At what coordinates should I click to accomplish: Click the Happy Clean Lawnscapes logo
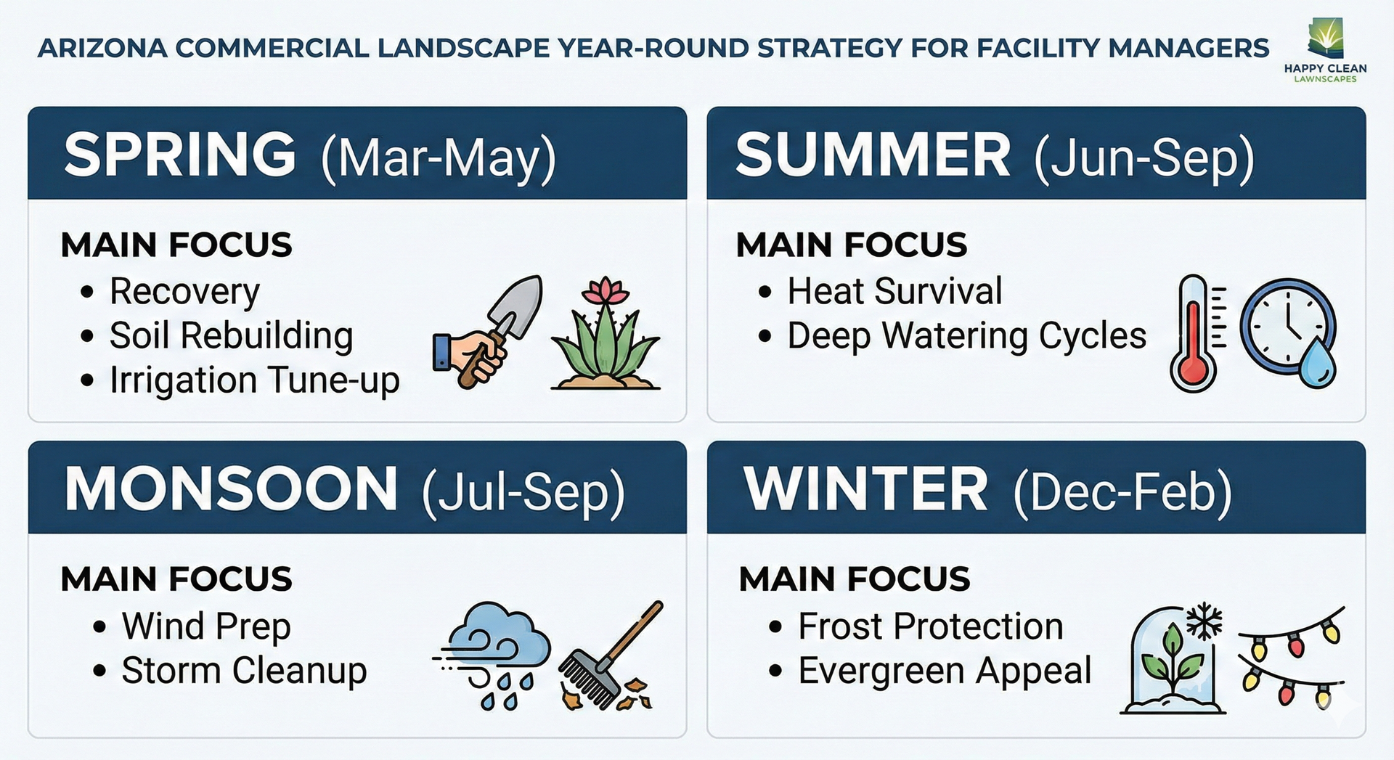(x=1325, y=51)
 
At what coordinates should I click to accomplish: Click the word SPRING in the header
(x=180, y=154)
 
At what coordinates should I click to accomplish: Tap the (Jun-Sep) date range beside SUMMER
(x=1144, y=158)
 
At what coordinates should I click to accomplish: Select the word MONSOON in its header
(x=231, y=489)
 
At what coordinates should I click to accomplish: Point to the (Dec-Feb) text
(x=1122, y=492)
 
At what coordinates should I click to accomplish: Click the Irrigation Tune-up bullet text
(x=255, y=380)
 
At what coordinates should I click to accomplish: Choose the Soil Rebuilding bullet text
(x=232, y=335)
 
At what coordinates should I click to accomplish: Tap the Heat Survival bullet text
(x=894, y=291)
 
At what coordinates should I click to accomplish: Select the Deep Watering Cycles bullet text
(x=967, y=336)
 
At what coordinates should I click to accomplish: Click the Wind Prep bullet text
(x=206, y=626)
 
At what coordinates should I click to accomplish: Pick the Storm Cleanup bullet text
(x=244, y=671)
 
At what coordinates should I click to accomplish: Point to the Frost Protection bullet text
(x=931, y=626)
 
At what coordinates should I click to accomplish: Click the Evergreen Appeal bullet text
(x=945, y=671)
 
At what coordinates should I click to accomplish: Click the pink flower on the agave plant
(x=605, y=290)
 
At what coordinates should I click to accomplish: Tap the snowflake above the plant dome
(x=1204, y=621)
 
